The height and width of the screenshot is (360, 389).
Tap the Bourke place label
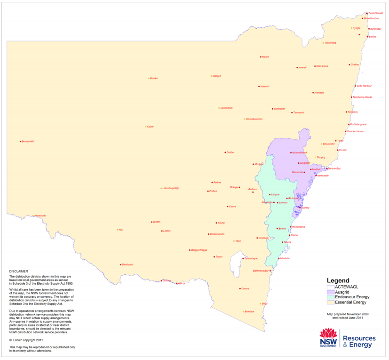(x=154, y=79)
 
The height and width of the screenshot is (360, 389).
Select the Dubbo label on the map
(x=230, y=152)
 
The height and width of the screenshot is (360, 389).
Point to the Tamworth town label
(x=299, y=113)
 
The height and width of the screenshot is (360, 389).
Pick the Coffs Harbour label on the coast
(x=364, y=86)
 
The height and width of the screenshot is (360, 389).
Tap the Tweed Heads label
(x=375, y=13)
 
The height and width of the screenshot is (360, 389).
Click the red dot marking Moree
(x=261, y=57)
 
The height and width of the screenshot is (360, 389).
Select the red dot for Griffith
(x=152, y=222)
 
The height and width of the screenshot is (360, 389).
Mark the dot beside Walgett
(x=211, y=76)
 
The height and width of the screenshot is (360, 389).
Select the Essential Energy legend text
(x=350, y=303)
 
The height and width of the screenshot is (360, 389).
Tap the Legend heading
(x=338, y=280)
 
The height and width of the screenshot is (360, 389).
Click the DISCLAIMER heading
(x=19, y=271)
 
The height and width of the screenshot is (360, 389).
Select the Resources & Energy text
(x=359, y=341)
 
